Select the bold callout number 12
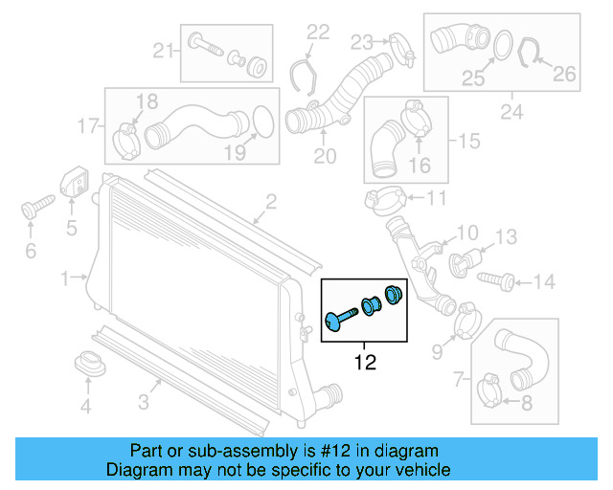pos(364,363)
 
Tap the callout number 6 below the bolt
pos(30,251)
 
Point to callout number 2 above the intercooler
pos(271,201)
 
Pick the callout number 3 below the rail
pos(142,402)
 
